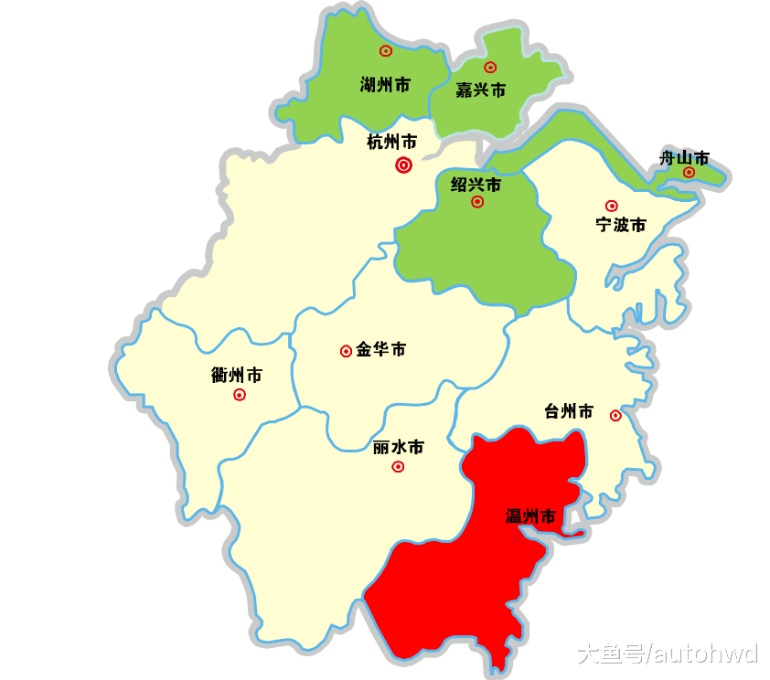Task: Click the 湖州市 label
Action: click(x=385, y=85)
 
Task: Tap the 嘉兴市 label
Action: click(x=480, y=90)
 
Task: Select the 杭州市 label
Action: click(x=391, y=142)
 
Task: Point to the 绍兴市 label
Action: click(x=476, y=185)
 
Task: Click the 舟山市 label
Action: click(x=684, y=158)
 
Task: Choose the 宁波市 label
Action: click(x=621, y=225)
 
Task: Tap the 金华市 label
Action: click(x=380, y=349)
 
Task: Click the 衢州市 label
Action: click(x=236, y=375)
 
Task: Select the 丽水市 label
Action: click(x=399, y=448)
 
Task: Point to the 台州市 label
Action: click(x=568, y=411)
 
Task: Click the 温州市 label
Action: click(x=530, y=516)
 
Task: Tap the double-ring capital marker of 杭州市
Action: click(x=403, y=165)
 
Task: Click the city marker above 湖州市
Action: click(x=386, y=51)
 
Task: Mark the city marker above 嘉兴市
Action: click(x=490, y=67)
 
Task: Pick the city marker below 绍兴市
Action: click(x=477, y=202)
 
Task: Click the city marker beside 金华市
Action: click(x=346, y=351)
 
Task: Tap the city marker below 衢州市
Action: click(x=240, y=395)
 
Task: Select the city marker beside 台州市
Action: click(x=615, y=415)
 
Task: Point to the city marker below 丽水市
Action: click(x=398, y=467)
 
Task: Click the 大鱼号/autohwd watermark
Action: click(x=668, y=653)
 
